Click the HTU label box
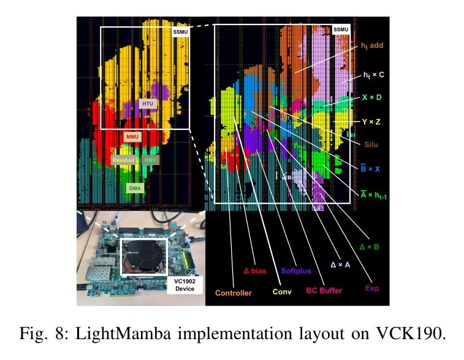coord(148,104)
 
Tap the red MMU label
coord(132,137)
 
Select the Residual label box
coord(124,160)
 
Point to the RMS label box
coord(150,160)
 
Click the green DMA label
coord(135,188)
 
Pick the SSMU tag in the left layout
coord(180,32)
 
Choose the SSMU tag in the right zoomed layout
coord(341,29)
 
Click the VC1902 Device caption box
coord(184,285)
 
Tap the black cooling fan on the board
coord(143,257)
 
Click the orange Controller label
coord(233,293)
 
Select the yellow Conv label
coord(282,291)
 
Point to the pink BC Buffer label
coord(324,291)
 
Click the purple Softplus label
coord(296,271)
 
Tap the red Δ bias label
coord(255,271)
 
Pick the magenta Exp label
coord(372,288)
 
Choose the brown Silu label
coord(371,145)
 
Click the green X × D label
coord(371,98)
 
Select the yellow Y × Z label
coord(371,121)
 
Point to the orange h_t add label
coord(372,45)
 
